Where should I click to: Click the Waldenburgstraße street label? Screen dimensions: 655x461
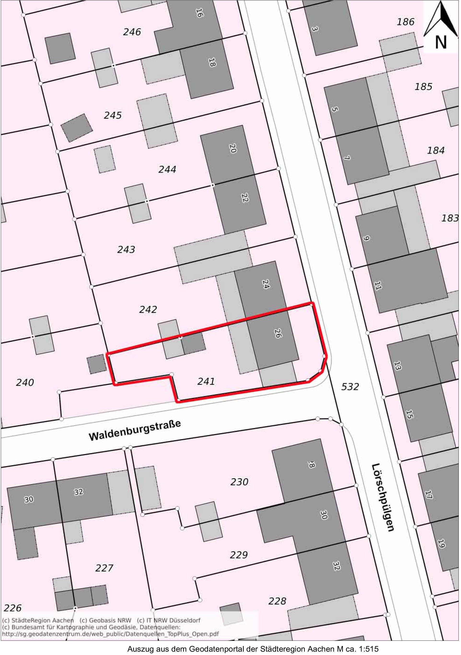click(x=135, y=431)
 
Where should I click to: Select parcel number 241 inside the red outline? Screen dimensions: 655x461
click(x=206, y=382)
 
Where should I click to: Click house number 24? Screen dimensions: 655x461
click(x=265, y=284)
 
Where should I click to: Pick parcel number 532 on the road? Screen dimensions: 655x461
click(x=350, y=387)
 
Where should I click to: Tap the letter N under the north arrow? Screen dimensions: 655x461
click(x=441, y=42)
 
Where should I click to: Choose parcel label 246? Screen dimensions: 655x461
click(x=132, y=32)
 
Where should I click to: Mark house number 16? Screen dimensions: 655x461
click(x=199, y=13)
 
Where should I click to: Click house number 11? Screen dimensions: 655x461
click(x=378, y=285)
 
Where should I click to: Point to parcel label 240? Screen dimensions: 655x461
click(x=25, y=382)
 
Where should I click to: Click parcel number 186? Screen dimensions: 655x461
click(x=406, y=22)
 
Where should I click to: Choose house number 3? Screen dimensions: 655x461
click(x=315, y=29)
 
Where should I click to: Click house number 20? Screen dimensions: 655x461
click(x=233, y=148)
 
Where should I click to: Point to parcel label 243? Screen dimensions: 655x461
click(x=126, y=250)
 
